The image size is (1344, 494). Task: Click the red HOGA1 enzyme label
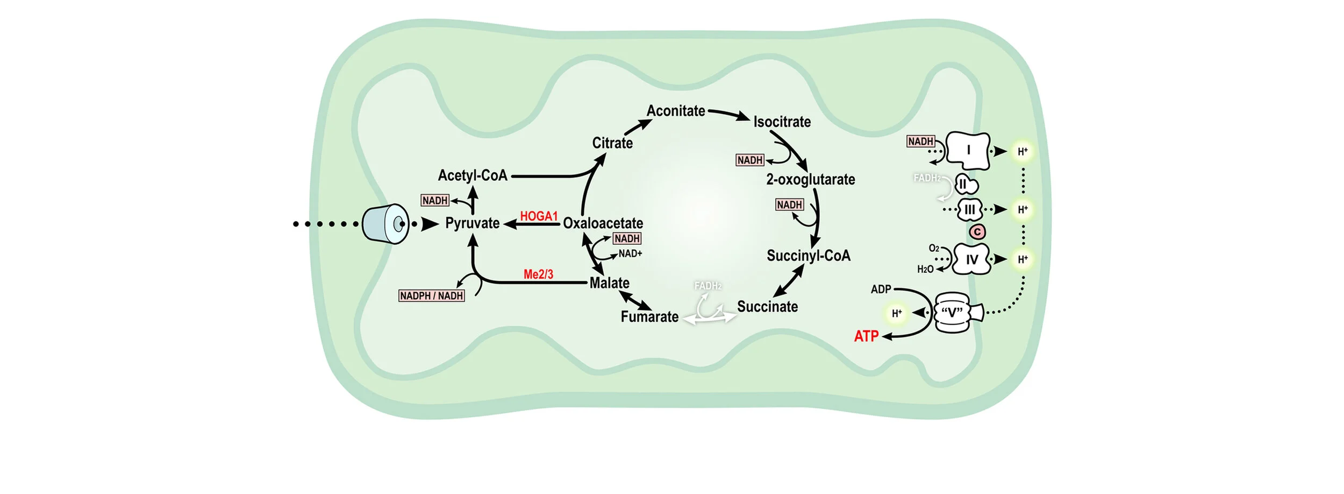pyautogui.click(x=539, y=216)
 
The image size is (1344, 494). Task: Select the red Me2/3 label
pyautogui.click(x=538, y=274)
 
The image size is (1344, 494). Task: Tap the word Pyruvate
pyautogui.click(x=472, y=223)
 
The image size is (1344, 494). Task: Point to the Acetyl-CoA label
pyautogui.click(x=473, y=175)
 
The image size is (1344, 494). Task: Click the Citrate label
pyautogui.click(x=612, y=143)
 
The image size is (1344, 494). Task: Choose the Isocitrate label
pyautogui.click(x=782, y=122)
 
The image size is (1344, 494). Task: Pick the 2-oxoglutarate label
pyautogui.click(x=810, y=180)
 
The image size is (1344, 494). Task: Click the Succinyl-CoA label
pyautogui.click(x=808, y=256)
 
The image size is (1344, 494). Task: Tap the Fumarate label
pyautogui.click(x=649, y=317)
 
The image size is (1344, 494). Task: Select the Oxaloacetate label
pyautogui.click(x=603, y=223)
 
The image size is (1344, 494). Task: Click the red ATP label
pyautogui.click(x=866, y=336)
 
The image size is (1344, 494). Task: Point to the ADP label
pyautogui.click(x=881, y=290)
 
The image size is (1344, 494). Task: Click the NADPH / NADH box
pyautogui.click(x=431, y=296)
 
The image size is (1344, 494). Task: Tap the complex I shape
pyautogui.click(x=968, y=150)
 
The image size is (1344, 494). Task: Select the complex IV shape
pyautogui.click(x=971, y=260)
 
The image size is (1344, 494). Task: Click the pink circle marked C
pyautogui.click(x=977, y=232)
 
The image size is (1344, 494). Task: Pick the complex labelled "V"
pyautogui.click(x=953, y=313)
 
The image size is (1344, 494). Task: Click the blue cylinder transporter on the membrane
pyautogui.click(x=385, y=224)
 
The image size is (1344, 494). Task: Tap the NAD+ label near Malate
pyautogui.click(x=630, y=253)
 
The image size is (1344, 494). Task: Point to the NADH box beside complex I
pyautogui.click(x=920, y=142)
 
